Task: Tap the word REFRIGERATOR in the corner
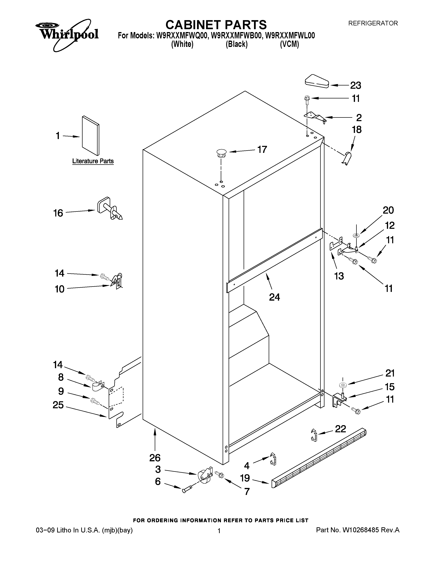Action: pyautogui.click(x=373, y=23)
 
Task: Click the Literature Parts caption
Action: pyautogui.click(x=93, y=161)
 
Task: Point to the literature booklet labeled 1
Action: pyautogui.click(x=90, y=136)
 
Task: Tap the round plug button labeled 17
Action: pyautogui.click(x=221, y=153)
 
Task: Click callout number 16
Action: pyautogui.click(x=58, y=213)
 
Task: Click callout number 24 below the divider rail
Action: pyautogui.click(x=274, y=297)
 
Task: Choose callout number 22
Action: pyautogui.click(x=340, y=429)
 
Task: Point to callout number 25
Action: pyautogui.click(x=58, y=405)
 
